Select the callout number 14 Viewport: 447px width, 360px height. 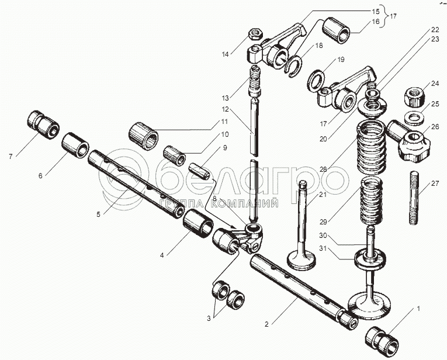pyautogui.click(x=226, y=54)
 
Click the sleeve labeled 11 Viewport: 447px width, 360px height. pyautogui.click(x=144, y=135)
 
